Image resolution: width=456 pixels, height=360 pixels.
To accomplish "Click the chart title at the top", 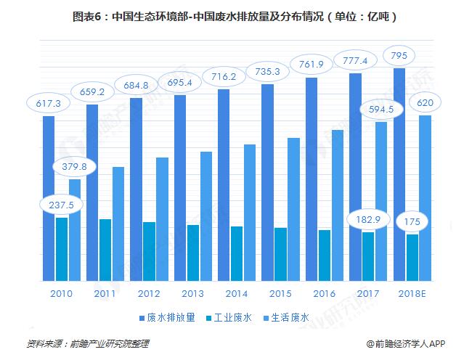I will [229, 15].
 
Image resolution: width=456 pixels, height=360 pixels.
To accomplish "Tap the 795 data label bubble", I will [399, 55].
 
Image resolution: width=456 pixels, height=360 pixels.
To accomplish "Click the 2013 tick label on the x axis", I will [192, 294].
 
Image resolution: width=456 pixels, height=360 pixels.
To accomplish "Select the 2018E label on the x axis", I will [412, 294].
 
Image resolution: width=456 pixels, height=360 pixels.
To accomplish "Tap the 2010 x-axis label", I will [61, 294].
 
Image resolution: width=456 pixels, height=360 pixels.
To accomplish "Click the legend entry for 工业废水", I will [230, 317].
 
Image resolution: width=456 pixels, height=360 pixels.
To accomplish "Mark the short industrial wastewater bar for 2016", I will [325, 255].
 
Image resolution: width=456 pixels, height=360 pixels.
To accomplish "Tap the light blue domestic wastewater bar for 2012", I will [162, 218].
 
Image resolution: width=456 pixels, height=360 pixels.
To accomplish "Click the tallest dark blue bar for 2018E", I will [399, 174].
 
